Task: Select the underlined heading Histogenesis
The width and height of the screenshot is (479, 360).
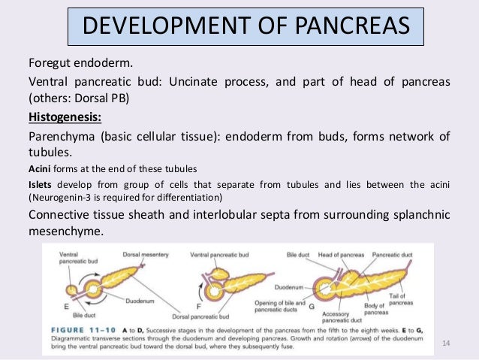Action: click(x=65, y=118)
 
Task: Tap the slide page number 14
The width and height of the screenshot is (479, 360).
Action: click(x=446, y=343)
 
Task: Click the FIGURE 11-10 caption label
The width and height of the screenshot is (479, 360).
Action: click(x=89, y=328)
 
